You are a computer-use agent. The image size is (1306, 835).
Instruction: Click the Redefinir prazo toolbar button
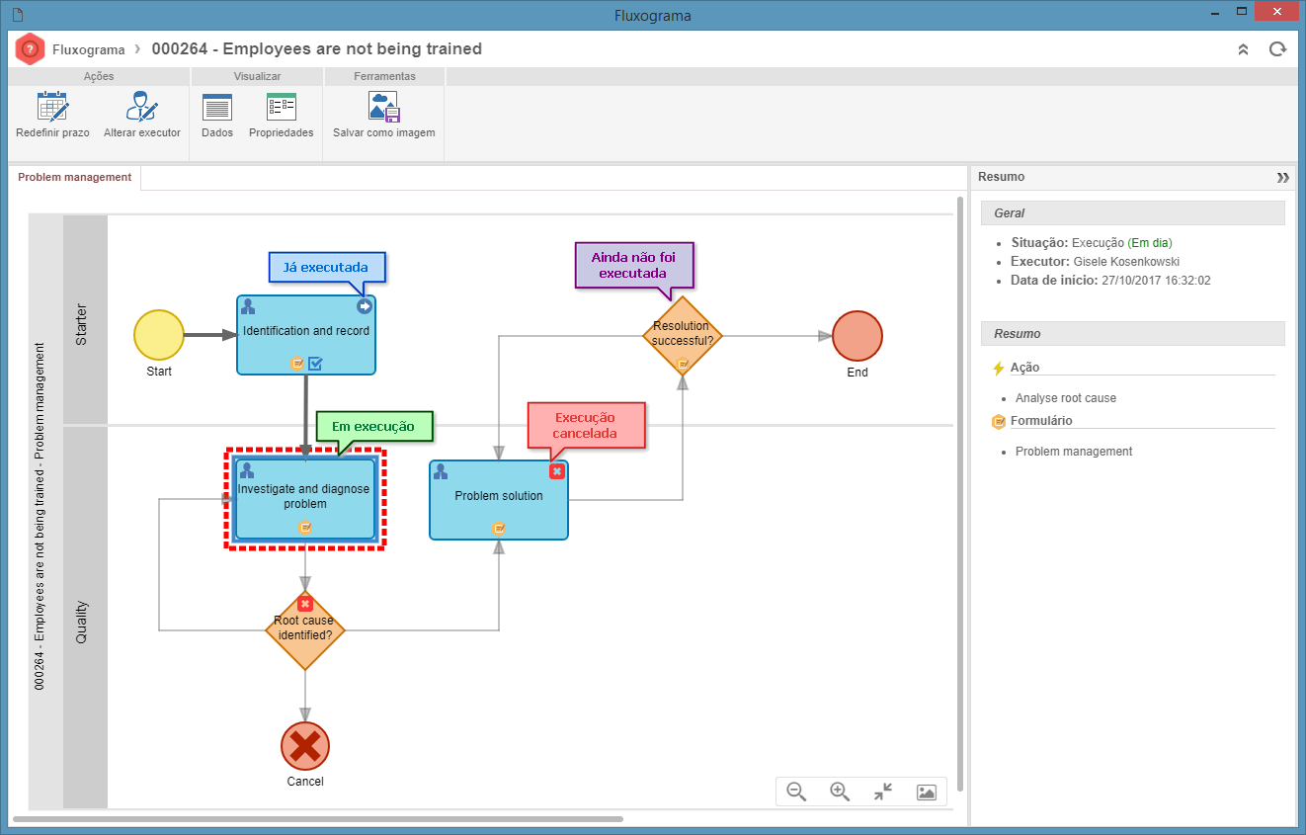pos(52,115)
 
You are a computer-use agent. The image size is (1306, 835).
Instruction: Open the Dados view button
pos(217,115)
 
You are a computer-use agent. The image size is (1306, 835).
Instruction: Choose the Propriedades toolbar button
pos(281,115)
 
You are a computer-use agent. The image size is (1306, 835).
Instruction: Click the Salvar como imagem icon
pos(383,107)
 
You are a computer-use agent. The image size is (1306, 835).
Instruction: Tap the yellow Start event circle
pos(159,335)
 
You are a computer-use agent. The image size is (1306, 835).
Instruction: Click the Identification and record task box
pos(306,335)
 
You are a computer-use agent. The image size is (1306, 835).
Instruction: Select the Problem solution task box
pos(499,500)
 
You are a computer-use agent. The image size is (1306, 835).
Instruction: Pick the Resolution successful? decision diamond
pos(683,336)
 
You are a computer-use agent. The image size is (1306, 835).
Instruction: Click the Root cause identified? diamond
pos(305,630)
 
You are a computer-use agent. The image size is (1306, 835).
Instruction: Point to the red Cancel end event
pos(305,746)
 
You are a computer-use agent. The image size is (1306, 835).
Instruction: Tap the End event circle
pos(857,336)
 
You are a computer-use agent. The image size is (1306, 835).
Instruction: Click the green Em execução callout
pos(373,427)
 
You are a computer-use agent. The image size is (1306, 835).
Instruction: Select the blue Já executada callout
pos(326,268)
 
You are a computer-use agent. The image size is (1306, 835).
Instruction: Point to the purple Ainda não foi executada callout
pos(634,265)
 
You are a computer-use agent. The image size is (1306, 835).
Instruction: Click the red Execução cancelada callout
pos(586,426)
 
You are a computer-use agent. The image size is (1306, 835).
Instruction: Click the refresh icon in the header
pos(1277,49)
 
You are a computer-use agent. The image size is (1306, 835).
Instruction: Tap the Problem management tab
pos(75,177)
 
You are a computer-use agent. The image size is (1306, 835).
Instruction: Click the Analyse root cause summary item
pos(1066,398)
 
